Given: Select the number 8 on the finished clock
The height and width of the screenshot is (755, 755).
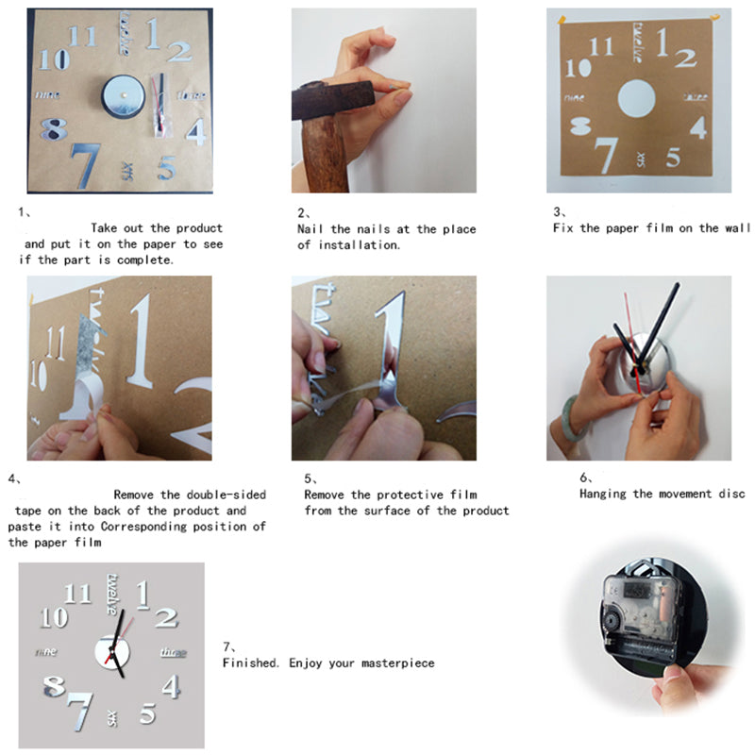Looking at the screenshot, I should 56,686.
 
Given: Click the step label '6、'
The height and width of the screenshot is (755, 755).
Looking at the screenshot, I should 587,478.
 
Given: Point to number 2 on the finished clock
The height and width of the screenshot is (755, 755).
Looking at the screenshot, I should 166,618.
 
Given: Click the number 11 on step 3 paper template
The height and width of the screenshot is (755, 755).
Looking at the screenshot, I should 601,47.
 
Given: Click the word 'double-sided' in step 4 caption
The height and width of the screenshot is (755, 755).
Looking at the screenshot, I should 226,495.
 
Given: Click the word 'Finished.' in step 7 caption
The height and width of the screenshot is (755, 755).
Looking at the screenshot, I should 250,663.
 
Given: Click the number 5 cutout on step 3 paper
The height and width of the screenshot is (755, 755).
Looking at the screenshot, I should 673,158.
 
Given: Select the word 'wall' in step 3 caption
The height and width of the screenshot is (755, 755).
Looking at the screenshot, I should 738,228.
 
